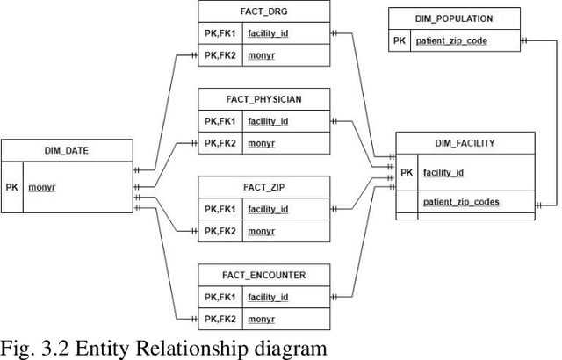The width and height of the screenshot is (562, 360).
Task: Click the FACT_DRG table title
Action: [x=263, y=11]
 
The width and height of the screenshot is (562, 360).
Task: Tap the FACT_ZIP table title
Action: [x=263, y=187]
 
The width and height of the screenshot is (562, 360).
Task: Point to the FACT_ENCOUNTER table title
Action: [x=263, y=275]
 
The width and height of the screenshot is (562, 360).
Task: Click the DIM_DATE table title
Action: [x=65, y=150]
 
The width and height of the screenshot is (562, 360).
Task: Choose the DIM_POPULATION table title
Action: [x=453, y=18]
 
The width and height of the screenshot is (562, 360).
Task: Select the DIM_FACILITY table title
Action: [x=465, y=143]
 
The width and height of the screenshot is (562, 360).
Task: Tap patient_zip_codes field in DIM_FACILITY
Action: [x=461, y=202]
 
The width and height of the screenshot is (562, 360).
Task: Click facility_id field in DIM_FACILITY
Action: [x=443, y=172]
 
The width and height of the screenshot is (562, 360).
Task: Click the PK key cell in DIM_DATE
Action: [x=12, y=187]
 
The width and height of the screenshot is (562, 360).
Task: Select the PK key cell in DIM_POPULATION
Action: [x=400, y=40]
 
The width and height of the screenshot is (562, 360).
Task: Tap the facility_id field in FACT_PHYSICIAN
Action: [x=268, y=121]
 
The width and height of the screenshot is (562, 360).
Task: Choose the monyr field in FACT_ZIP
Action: [x=261, y=230]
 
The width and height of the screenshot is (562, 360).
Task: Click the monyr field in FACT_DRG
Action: [x=261, y=54]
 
